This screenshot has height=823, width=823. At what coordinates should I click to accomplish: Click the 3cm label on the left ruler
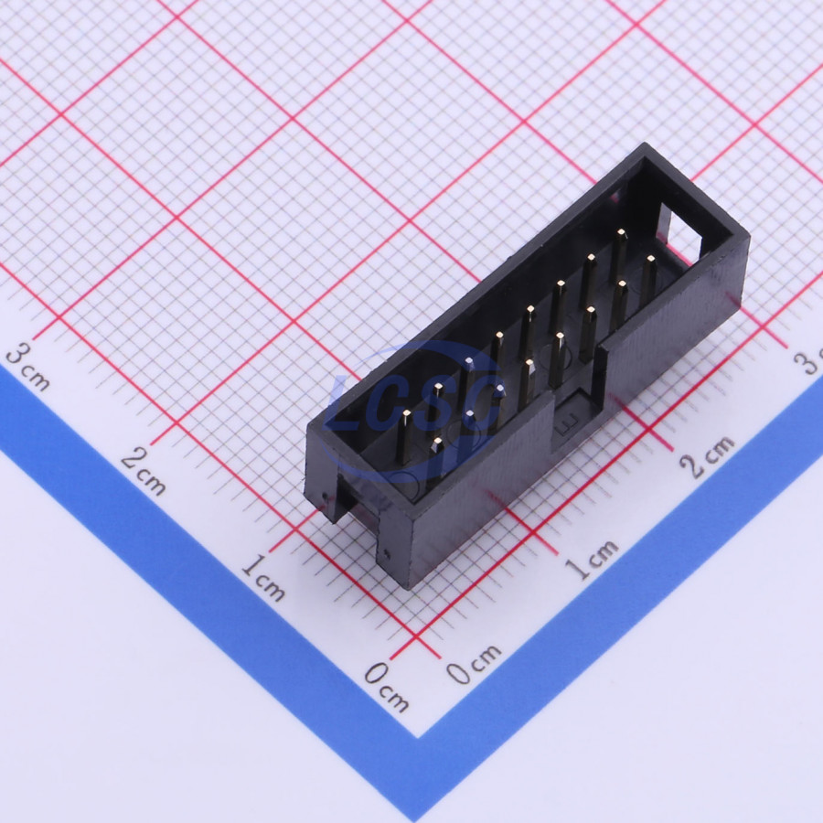(28, 367)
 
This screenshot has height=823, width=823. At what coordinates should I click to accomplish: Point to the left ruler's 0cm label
(387, 686)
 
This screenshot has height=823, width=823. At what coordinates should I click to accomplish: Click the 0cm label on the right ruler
(474, 664)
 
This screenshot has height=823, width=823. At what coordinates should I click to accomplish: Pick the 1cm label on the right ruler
(591, 559)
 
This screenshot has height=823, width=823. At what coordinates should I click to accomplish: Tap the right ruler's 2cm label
(707, 456)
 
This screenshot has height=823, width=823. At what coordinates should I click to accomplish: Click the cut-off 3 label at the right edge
(808, 362)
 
